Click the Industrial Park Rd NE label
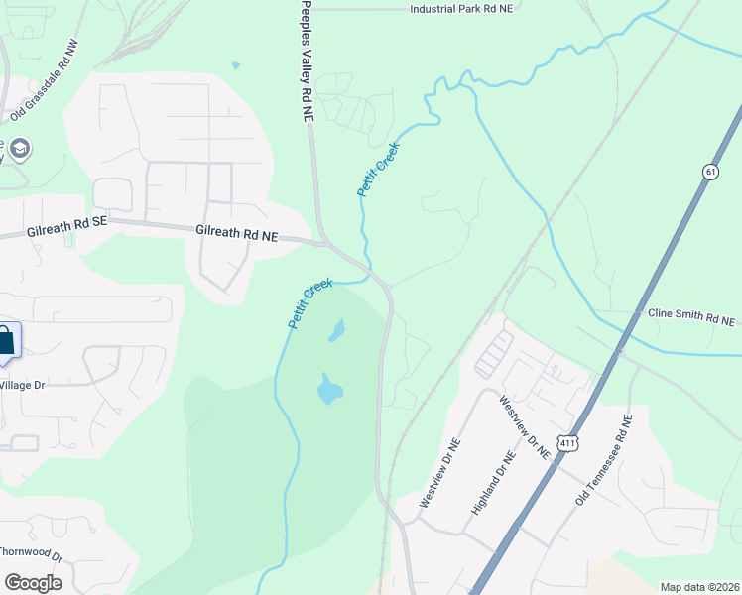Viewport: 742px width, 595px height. tap(461, 8)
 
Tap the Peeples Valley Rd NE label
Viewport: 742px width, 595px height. tap(307, 60)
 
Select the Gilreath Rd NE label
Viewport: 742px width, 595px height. tap(236, 234)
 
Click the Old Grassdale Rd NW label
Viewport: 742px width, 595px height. tap(44, 81)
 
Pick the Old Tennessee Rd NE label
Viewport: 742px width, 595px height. tap(603, 460)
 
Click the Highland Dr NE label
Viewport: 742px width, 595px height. tap(494, 483)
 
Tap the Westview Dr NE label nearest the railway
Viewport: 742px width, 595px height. tap(438, 476)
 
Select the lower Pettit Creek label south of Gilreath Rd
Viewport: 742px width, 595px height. tap(309, 303)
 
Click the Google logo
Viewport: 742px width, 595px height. tap(33, 582)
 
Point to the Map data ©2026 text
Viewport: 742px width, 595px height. tap(700, 587)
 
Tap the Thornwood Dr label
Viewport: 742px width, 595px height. tap(30, 553)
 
